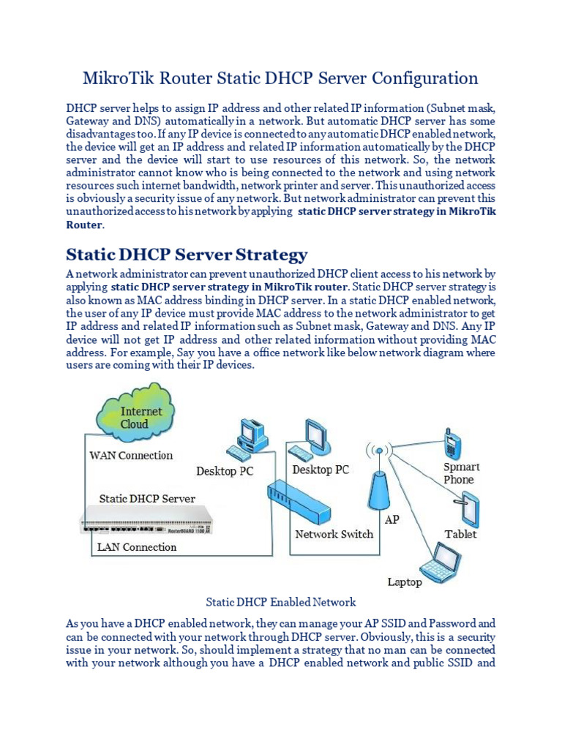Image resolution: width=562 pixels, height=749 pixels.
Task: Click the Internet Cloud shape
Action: pyautogui.click(x=134, y=416)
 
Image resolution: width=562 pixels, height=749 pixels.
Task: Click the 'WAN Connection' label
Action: pyautogui.click(x=131, y=455)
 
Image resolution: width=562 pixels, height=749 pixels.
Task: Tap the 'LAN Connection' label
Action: pyautogui.click(x=137, y=546)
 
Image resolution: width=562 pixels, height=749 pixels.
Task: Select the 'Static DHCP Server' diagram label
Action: pyautogui.click(x=147, y=498)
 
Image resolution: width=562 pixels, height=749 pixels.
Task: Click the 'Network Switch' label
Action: pyautogui.click(x=334, y=534)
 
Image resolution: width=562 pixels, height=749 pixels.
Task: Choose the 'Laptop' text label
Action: pyautogui.click(x=405, y=582)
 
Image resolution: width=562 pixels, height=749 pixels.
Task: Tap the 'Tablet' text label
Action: pyautogui.click(x=460, y=534)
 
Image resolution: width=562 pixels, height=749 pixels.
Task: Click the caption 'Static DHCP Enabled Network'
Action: pyautogui.click(x=281, y=602)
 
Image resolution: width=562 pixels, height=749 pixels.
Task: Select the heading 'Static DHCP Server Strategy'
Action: pyautogui.click(x=187, y=255)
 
